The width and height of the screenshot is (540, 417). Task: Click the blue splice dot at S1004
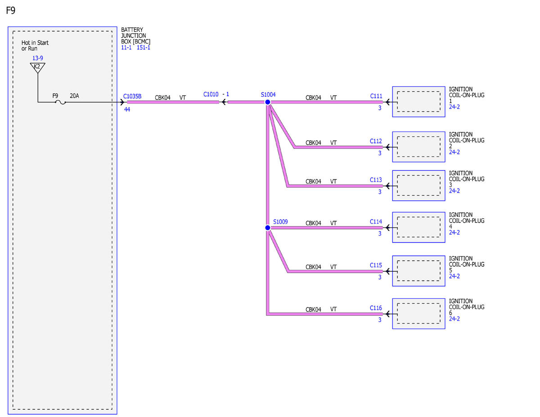pyautogui.click(x=268, y=102)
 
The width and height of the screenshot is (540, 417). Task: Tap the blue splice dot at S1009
pyautogui.click(x=268, y=228)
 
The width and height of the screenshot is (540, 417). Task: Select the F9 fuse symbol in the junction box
pyautogui.click(x=60, y=102)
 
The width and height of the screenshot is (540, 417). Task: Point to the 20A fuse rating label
pyautogui.click(x=74, y=96)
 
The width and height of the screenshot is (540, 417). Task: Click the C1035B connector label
pyautogui.click(x=132, y=96)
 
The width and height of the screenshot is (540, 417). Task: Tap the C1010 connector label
pyautogui.click(x=211, y=94)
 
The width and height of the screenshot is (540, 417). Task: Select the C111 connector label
pyautogui.click(x=376, y=96)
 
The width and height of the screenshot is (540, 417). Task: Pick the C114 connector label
pyautogui.click(x=376, y=221)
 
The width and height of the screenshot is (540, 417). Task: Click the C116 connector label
pyautogui.click(x=376, y=308)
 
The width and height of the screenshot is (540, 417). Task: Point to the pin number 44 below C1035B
pyautogui.click(x=127, y=109)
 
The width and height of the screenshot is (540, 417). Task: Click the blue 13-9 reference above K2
pyautogui.click(x=37, y=58)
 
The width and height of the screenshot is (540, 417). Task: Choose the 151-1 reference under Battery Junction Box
pyautogui.click(x=144, y=47)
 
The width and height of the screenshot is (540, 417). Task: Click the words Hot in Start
pyautogui.click(x=35, y=43)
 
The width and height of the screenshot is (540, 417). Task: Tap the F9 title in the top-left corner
pyautogui.click(x=10, y=10)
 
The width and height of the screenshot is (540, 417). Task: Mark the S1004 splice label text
pyautogui.click(x=268, y=94)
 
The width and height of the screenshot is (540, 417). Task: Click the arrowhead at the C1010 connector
pyautogui.click(x=224, y=102)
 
